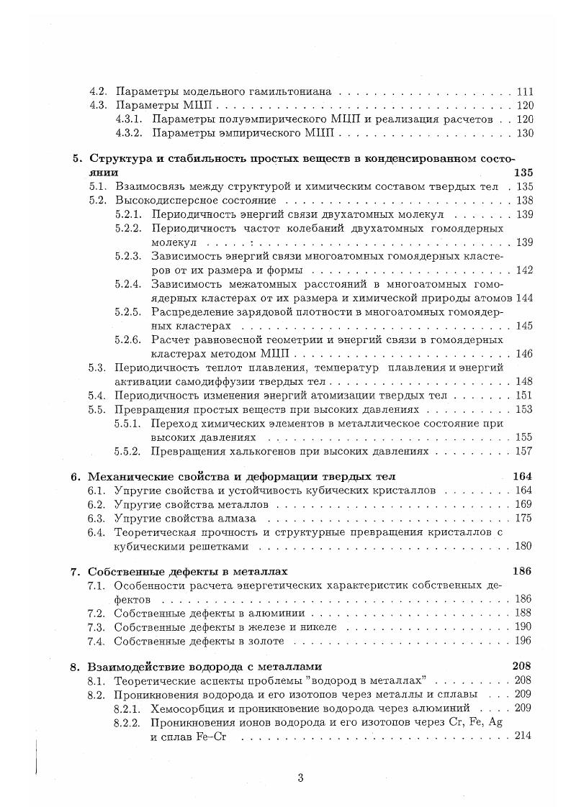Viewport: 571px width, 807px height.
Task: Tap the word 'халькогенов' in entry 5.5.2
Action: coord(246,451)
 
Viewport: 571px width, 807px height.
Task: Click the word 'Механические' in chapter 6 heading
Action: coord(125,477)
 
